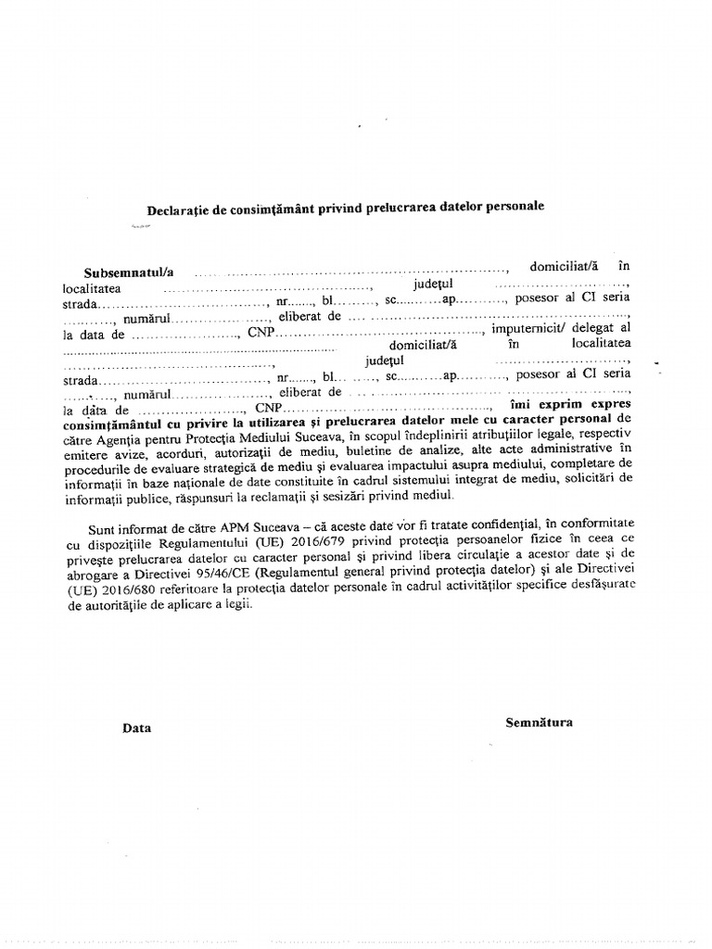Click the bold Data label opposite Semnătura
coord(136,728)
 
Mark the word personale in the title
coord(509,206)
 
